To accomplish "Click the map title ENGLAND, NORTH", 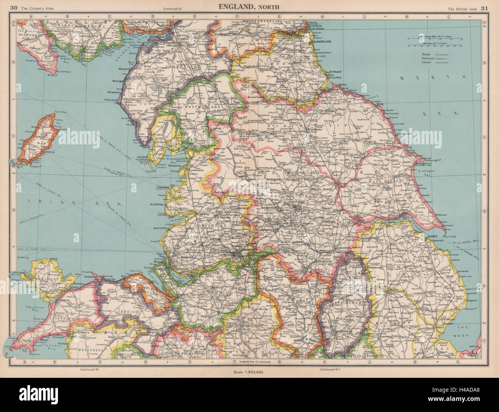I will pyautogui.click(x=249, y=7).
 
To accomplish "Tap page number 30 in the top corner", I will pyautogui.click(x=14, y=7).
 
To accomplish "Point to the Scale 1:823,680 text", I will pyautogui.click(x=249, y=372).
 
